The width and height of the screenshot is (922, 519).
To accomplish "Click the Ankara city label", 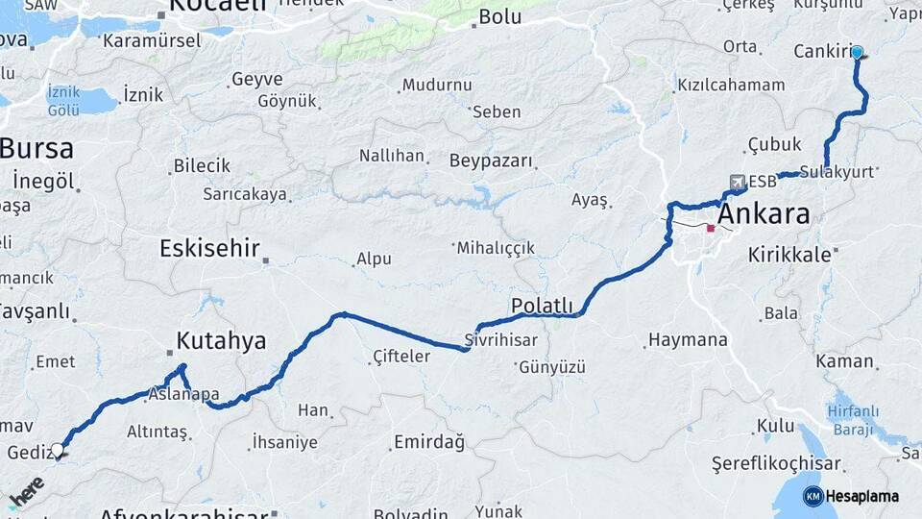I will [x=764, y=213].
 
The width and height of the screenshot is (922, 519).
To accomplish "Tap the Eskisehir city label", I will [x=209, y=249].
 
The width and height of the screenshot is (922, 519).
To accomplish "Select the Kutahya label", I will [x=221, y=340].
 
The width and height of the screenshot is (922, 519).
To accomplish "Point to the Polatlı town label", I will [x=542, y=306].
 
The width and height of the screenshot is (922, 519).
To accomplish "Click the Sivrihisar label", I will [x=500, y=340].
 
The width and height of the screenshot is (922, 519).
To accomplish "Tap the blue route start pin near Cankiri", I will [x=857, y=53].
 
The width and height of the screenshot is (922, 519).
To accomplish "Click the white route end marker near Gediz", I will [x=58, y=449].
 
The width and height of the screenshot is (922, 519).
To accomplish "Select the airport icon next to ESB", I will [x=737, y=182].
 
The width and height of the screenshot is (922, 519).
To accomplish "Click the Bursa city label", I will [x=36, y=149].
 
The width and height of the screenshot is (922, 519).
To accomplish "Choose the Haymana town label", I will [x=688, y=340].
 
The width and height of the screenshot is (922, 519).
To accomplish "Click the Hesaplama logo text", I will [x=862, y=496].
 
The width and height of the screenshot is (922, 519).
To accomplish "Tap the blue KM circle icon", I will [x=813, y=496].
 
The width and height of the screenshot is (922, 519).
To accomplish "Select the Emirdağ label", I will [x=428, y=443].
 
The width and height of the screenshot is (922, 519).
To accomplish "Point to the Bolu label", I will [x=499, y=16].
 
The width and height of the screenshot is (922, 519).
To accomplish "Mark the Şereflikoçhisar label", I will [x=776, y=463].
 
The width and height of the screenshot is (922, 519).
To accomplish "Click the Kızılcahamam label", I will [x=731, y=86].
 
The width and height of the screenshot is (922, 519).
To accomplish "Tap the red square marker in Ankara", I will [x=710, y=229].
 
